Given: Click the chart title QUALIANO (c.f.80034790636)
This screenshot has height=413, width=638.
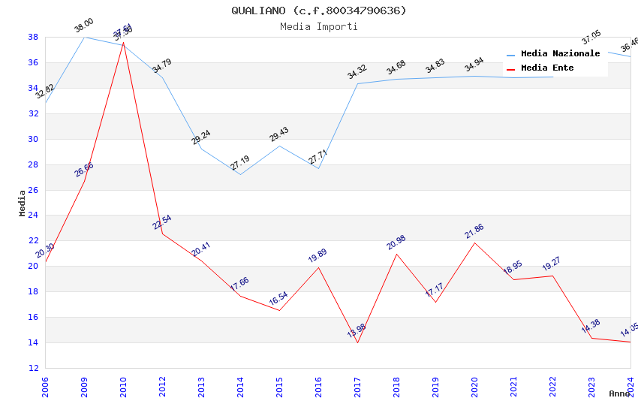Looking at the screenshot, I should [x=319, y=11].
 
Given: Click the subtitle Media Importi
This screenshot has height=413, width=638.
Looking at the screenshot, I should [x=319, y=27].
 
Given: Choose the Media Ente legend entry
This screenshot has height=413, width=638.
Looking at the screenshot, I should [x=547, y=68].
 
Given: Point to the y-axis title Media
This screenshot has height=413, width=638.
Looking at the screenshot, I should [x=23, y=203].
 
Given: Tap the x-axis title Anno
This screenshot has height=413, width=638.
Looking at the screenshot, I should [x=619, y=393].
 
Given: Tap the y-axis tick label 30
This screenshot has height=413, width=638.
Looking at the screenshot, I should [x=33, y=139].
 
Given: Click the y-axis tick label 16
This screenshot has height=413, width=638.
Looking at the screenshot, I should [x=33, y=318].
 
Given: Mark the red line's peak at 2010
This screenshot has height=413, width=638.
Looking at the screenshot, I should [x=123, y=42].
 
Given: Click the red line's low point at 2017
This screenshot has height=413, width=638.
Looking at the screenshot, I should [x=357, y=342].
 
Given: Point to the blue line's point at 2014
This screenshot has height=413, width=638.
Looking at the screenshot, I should [x=240, y=174].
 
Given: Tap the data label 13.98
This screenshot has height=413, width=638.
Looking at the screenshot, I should [x=357, y=330].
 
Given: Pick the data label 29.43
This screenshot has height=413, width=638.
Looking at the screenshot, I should [x=278, y=134].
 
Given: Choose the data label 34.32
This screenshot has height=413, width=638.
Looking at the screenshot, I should [x=357, y=72].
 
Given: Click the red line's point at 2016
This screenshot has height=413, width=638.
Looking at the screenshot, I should [x=318, y=267].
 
